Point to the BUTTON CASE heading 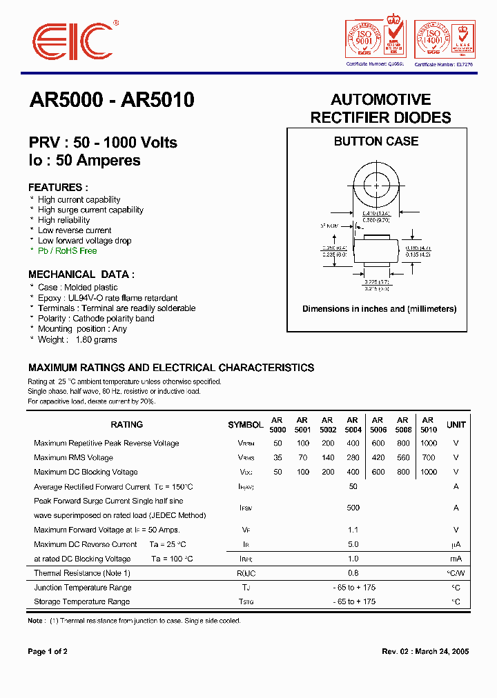pos(376,141)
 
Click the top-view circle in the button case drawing pos(376,186)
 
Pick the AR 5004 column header pos(352,424)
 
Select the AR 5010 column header pos(428,424)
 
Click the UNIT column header pos(456,425)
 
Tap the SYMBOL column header pos(245,425)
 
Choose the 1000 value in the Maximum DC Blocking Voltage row pos(428,472)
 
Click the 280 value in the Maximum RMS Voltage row pos(353,457)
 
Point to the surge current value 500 pos(353,508)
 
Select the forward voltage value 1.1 pos(353,530)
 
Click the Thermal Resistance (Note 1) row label pos(82,573)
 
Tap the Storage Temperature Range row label pos(82,601)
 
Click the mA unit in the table pos(456,559)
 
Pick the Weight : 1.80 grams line pos(77,339)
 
